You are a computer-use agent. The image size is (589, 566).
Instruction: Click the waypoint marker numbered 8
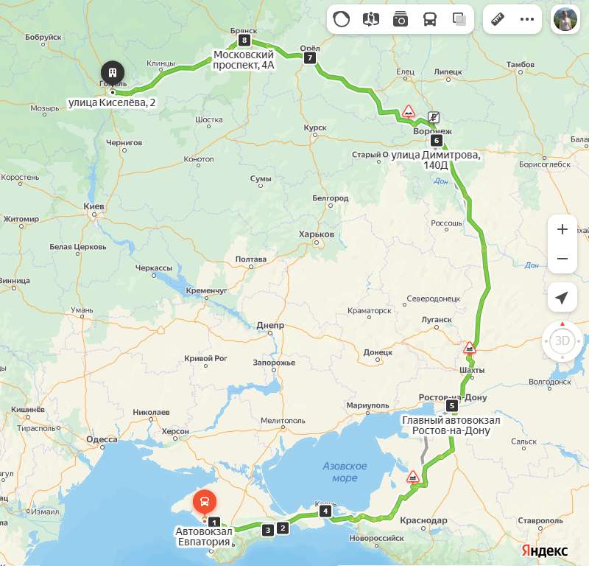point(244,40)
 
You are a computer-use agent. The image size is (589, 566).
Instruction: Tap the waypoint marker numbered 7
point(310,57)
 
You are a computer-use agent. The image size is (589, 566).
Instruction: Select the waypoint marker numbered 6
point(437,140)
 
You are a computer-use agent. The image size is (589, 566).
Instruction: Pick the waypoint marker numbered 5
point(452,405)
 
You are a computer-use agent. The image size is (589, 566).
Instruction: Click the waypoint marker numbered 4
point(325,511)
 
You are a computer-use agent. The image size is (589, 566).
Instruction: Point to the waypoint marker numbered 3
point(267,529)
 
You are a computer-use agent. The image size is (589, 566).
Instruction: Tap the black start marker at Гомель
point(113,72)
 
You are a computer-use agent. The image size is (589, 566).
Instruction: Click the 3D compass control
point(562,340)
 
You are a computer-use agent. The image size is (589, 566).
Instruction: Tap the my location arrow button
point(562,297)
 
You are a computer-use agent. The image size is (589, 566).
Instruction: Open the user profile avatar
point(566,19)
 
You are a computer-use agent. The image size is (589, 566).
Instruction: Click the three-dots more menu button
point(527,19)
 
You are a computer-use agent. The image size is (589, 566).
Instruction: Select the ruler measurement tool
point(498,19)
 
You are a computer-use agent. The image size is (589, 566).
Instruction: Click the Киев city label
point(94,206)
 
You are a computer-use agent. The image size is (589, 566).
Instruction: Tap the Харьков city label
point(317,234)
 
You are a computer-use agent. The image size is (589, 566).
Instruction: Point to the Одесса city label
point(102,439)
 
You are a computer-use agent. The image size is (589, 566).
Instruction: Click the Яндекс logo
point(545,551)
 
